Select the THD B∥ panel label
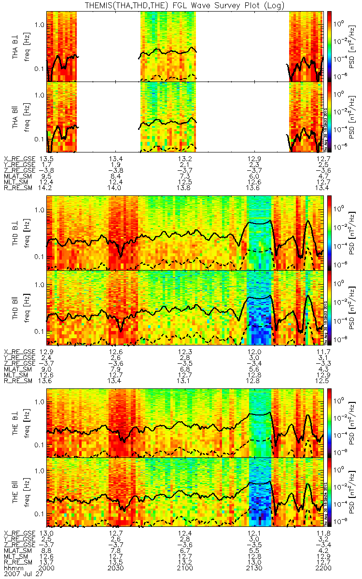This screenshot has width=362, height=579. pos(16,307)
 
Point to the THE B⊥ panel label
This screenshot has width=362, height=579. pos(16,419)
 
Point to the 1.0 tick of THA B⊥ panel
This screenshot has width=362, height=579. pos(39,25)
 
